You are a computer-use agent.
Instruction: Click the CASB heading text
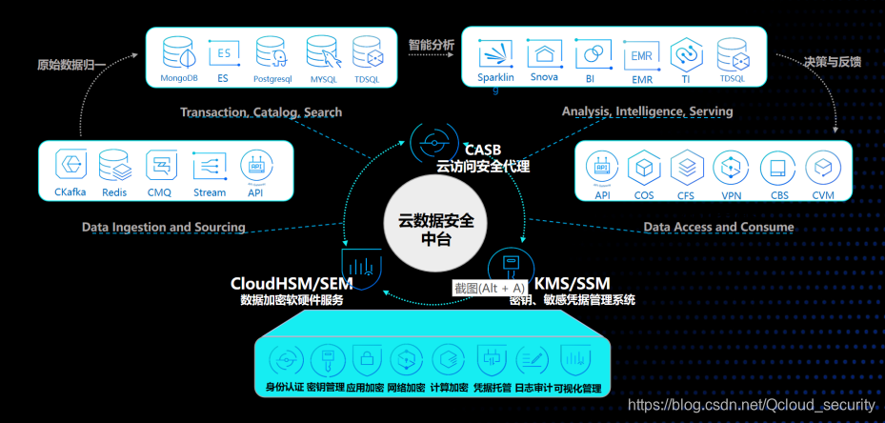pos(482,151)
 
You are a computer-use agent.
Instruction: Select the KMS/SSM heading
pos(571,283)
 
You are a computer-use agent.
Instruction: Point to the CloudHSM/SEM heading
pos(292,283)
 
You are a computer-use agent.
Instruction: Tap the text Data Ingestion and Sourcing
pos(164,228)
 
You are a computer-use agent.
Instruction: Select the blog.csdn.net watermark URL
pos(752,406)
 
